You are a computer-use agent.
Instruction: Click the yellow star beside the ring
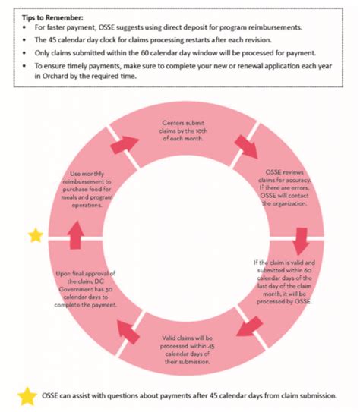pos(35,235)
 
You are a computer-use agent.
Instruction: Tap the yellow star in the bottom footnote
pos(27,395)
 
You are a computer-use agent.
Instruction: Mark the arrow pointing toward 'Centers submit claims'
pos(125,143)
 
